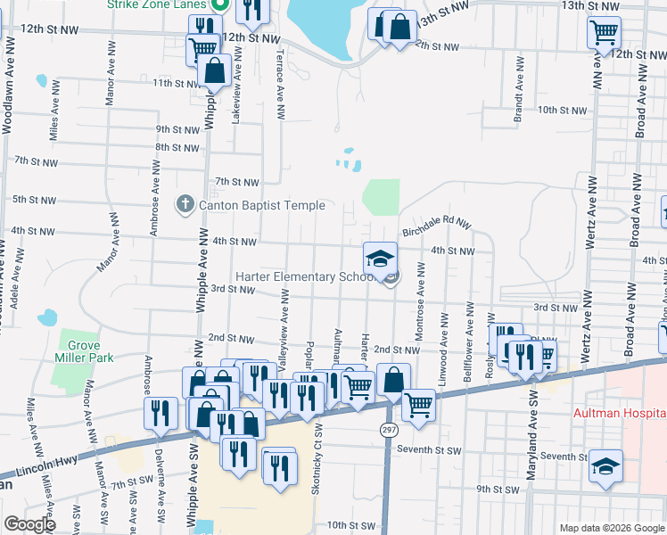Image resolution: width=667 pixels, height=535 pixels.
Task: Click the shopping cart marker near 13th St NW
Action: point(604,33)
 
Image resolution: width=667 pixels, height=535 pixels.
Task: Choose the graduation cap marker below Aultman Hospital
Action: point(605,467)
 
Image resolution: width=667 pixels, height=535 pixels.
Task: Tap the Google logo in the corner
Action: point(29,524)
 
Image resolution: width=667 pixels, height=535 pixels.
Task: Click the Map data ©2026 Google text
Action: point(611,528)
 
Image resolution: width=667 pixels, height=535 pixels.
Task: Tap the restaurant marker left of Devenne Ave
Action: point(159,413)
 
